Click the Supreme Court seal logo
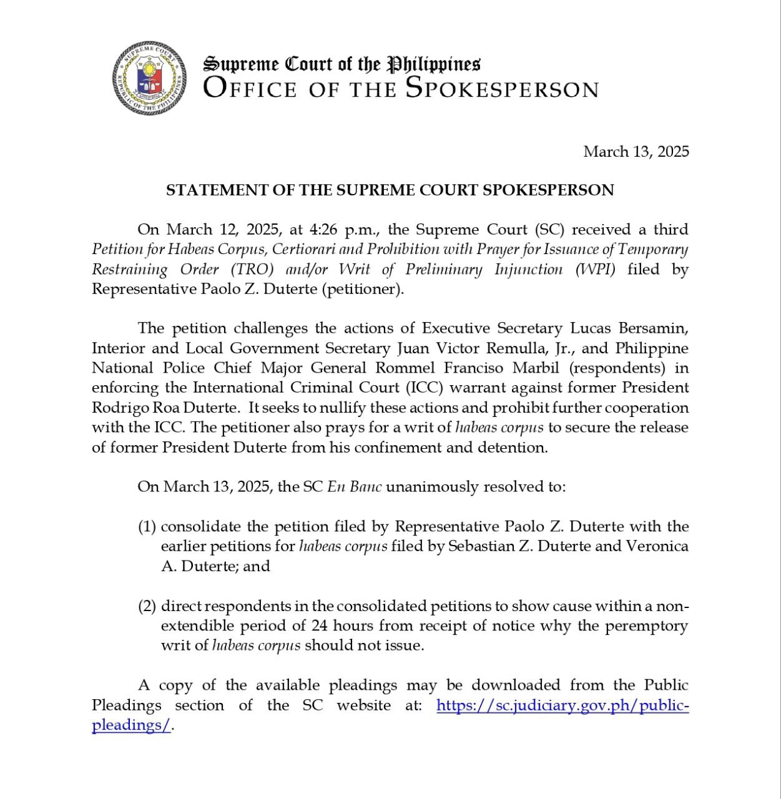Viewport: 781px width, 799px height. [150, 77]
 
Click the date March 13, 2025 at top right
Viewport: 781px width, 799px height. [636, 152]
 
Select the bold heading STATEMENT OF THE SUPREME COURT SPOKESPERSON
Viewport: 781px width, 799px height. [390, 190]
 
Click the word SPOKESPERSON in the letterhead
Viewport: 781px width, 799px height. [502, 89]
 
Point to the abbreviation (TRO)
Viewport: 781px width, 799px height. [252, 270]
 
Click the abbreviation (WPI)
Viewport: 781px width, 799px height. [595, 270]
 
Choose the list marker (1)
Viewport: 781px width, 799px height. [147, 527]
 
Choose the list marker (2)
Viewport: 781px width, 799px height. [147, 606]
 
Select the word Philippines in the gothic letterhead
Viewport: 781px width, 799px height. [434, 64]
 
